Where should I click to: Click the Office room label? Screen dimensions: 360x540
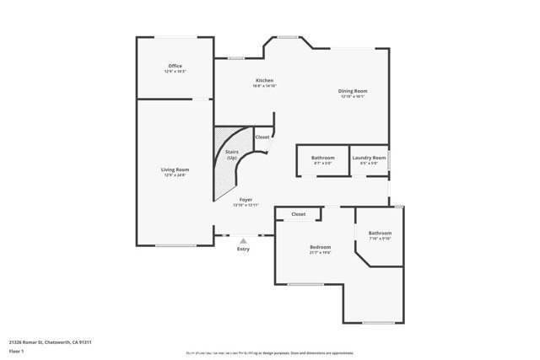coord(175,66)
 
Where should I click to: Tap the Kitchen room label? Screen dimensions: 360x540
coord(264,81)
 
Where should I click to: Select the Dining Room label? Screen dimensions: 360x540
coord(354,91)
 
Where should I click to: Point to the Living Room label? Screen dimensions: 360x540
coord(175,169)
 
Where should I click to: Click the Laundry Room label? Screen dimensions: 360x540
coord(369,158)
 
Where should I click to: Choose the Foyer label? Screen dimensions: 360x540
coord(246,200)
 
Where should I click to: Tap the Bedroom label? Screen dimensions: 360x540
coord(320,247)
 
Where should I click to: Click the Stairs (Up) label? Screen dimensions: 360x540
coord(231,153)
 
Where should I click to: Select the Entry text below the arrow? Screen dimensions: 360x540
coord(243,249)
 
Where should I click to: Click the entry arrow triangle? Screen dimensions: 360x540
coord(243,241)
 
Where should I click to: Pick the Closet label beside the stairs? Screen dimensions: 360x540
coord(262,137)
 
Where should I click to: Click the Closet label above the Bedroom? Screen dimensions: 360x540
coord(299,214)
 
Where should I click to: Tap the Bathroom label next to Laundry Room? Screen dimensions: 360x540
coord(322,158)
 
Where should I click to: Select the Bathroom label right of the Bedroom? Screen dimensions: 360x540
coord(380,233)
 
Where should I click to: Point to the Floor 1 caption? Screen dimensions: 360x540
coord(17,352)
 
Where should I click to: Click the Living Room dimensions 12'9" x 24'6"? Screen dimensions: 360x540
coord(175,175)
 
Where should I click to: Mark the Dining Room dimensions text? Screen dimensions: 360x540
coord(354,96)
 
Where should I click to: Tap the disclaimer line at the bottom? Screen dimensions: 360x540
coord(270,352)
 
